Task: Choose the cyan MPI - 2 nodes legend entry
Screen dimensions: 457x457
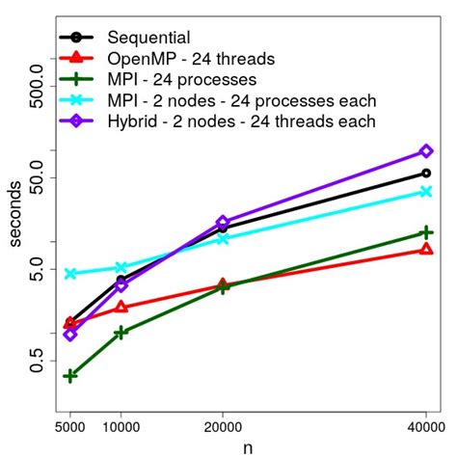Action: [x=241, y=100]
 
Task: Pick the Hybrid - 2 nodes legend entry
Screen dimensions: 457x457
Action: [x=241, y=121]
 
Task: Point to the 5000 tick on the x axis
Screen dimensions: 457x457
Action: [x=69, y=421]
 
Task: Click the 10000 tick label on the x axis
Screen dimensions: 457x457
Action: [x=121, y=421]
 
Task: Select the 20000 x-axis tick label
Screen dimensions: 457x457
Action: [x=223, y=421]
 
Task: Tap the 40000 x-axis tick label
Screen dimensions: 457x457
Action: [x=425, y=421]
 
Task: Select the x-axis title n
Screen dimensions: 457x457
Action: [x=248, y=446]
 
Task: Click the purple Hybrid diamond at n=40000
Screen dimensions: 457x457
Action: [x=426, y=151]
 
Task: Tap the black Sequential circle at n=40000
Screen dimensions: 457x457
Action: [x=426, y=174]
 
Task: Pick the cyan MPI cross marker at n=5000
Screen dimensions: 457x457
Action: [x=70, y=274]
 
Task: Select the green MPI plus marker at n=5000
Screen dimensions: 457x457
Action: [x=70, y=376]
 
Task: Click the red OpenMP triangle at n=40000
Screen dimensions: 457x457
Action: [x=426, y=250]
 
